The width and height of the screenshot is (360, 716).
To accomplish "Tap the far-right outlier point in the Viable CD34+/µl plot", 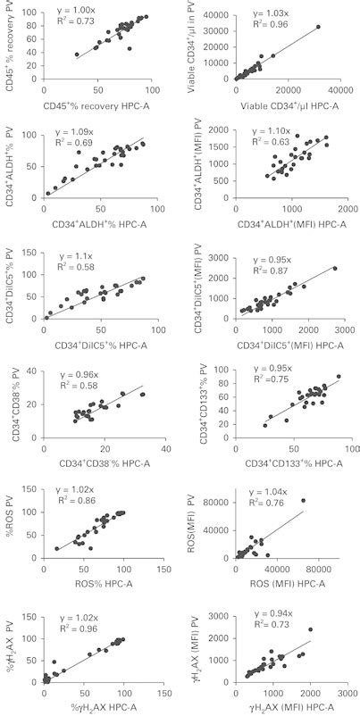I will pyautogui.click(x=317, y=27).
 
